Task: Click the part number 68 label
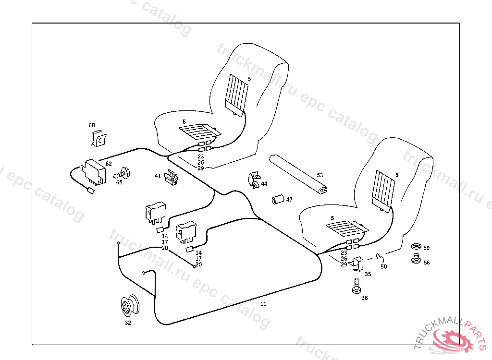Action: coord(92,125)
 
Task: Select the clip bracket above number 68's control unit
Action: coord(98,139)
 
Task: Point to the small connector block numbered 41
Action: coord(172,178)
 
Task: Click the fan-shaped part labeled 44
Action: coord(253,180)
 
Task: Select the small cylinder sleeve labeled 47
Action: coord(276,199)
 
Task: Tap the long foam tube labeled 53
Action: coord(298,173)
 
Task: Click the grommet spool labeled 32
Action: coord(129,306)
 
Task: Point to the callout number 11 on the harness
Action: coord(263,304)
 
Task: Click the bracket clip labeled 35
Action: coord(357,263)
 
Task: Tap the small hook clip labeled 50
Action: coord(379,257)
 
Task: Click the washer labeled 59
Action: coord(416,247)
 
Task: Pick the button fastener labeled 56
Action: coord(416,260)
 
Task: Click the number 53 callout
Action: coord(320,175)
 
